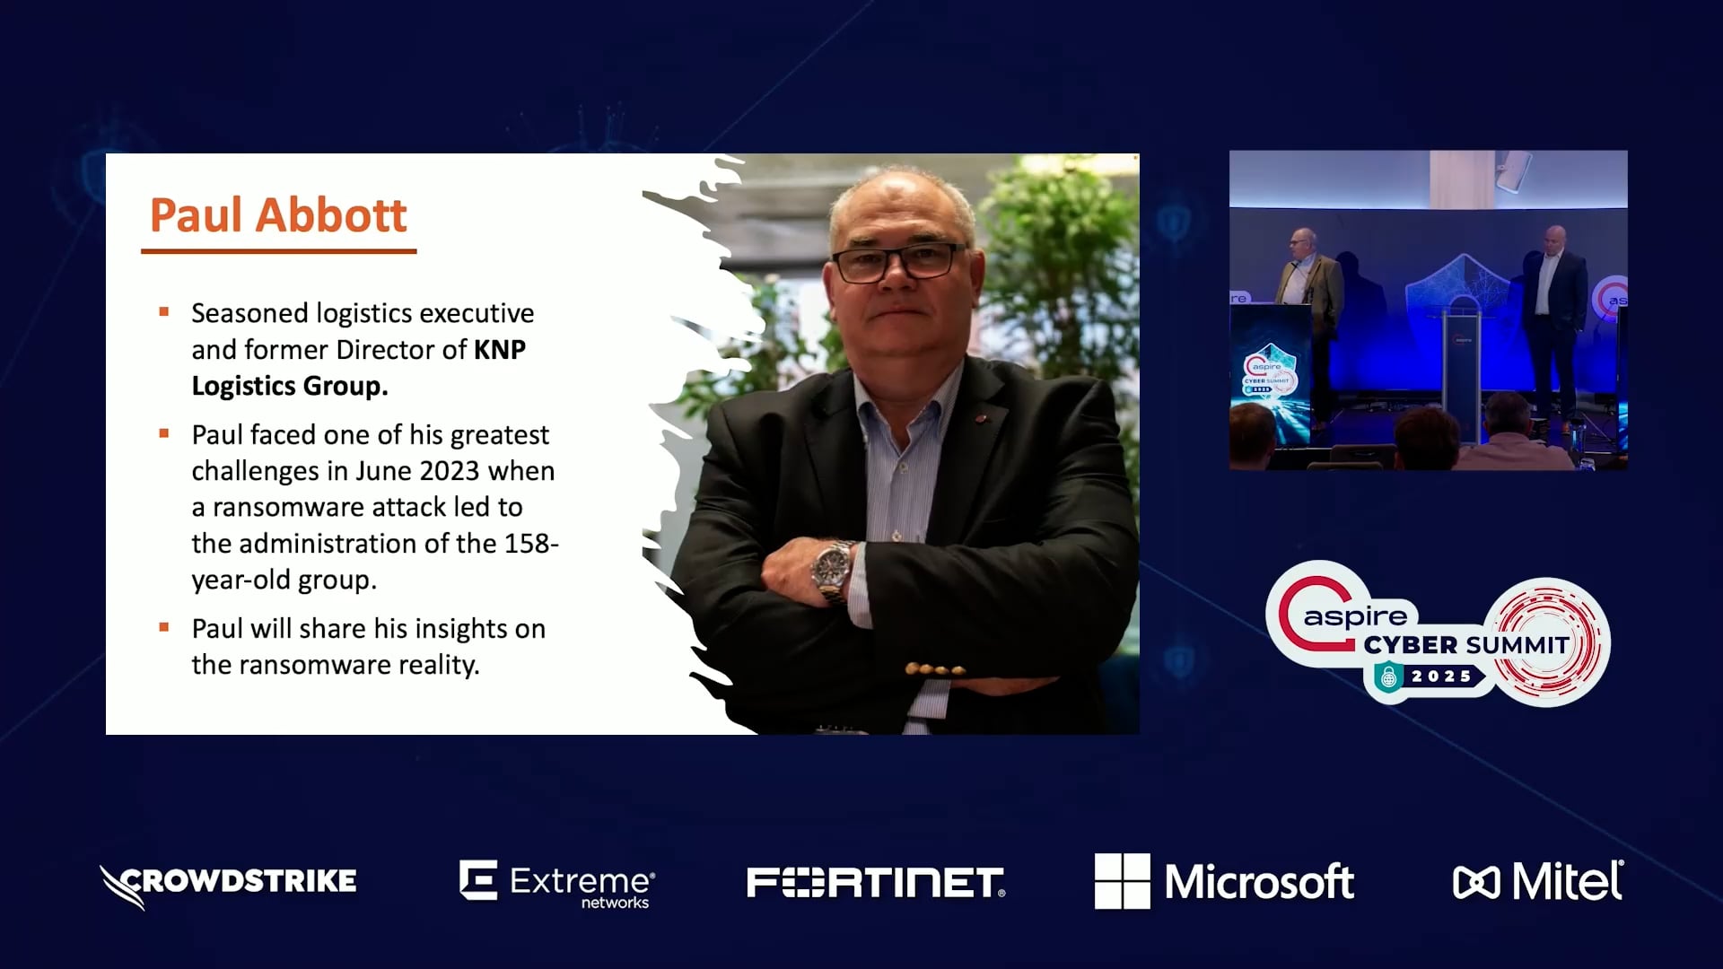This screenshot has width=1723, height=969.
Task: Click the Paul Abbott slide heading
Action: coord(278,215)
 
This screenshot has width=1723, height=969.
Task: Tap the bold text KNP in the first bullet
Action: coord(500,349)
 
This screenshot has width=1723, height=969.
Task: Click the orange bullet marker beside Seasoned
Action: coord(164,312)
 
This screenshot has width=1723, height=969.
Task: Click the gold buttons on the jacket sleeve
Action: coord(935,669)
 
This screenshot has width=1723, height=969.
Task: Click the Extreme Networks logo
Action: coord(557,884)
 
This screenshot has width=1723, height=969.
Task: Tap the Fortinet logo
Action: coord(876,882)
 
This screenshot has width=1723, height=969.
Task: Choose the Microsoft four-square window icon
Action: coord(1122,881)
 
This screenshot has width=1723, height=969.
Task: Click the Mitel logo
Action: coord(1538,881)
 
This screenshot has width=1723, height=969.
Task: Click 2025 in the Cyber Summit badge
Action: coord(1441,676)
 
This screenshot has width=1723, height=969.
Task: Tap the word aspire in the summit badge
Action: coord(1355,617)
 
